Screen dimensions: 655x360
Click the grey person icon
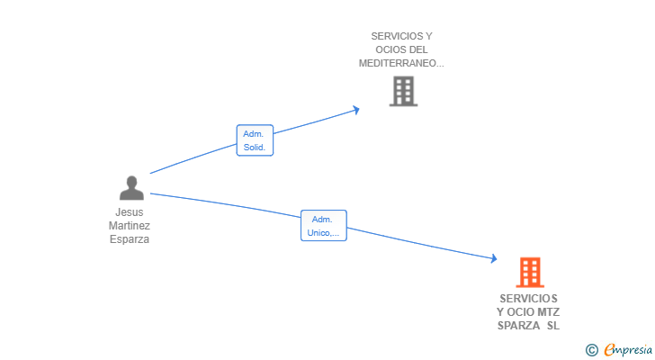(x=131, y=187)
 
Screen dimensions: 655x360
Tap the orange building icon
(x=530, y=273)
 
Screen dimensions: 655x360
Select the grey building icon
(x=403, y=91)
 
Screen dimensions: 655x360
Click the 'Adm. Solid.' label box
(x=255, y=140)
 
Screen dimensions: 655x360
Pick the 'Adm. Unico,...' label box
(x=324, y=226)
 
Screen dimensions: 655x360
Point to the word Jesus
(x=130, y=212)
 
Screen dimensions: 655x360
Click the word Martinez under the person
(x=130, y=226)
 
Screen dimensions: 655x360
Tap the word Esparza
(x=130, y=239)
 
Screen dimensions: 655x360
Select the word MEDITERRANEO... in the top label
(x=401, y=63)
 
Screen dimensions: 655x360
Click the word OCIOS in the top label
(x=390, y=49)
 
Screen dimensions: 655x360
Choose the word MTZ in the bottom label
(x=549, y=312)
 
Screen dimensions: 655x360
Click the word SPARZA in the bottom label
(x=518, y=325)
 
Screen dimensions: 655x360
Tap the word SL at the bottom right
(x=553, y=325)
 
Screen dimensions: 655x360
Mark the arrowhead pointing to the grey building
(x=356, y=110)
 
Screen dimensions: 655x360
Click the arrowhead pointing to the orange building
(x=494, y=258)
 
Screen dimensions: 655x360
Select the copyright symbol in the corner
(x=591, y=350)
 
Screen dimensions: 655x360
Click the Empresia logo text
(x=628, y=349)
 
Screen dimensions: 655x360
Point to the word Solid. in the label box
(x=255, y=147)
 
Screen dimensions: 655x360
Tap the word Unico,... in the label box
(x=323, y=232)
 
